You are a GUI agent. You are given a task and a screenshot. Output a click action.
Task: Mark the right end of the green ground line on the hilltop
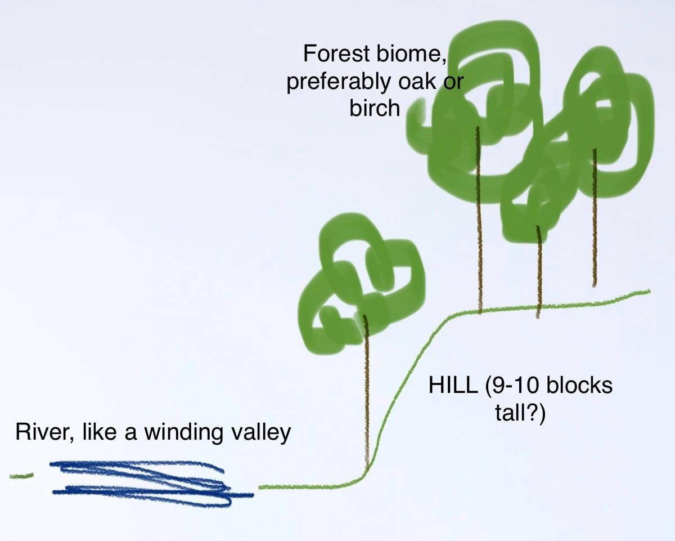(x=650, y=291)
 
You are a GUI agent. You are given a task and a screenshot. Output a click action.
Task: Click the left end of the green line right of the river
(x=259, y=487)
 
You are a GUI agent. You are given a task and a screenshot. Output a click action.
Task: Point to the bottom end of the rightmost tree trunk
(x=594, y=286)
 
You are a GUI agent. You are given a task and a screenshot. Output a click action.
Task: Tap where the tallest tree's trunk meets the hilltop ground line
(x=480, y=311)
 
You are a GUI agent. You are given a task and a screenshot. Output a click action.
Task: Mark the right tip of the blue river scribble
(x=253, y=495)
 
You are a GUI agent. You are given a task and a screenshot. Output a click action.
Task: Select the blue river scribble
(x=152, y=484)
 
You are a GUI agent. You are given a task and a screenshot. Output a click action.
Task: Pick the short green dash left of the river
(x=21, y=475)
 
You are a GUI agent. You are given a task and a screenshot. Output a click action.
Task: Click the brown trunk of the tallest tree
(x=479, y=220)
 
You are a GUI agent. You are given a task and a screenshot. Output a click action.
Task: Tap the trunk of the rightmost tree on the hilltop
(x=594, y=217)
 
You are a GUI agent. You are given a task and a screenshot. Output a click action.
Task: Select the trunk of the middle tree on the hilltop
(x=538, y=272)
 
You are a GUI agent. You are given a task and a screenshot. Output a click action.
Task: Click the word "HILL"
(x=453, y=385)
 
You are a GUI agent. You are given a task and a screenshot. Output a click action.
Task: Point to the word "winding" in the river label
(x=183, y=433)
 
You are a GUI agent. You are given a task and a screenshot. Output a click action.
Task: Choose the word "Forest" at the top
(x=336, y=53)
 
